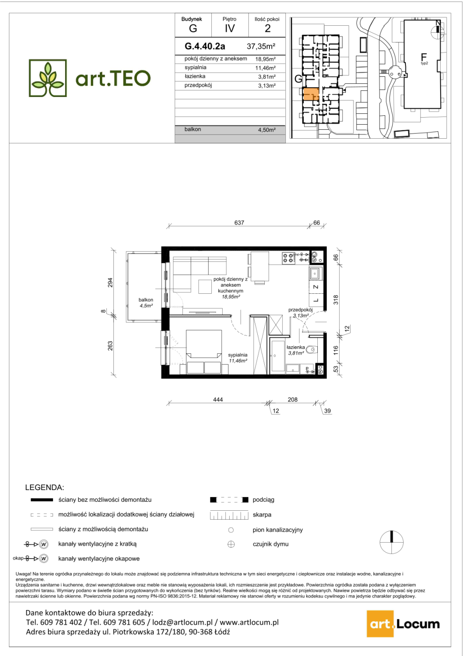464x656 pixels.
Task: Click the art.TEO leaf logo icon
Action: pos(48,78)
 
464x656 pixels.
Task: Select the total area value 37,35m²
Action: pos(261,46)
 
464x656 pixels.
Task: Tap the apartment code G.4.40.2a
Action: pos(205,46)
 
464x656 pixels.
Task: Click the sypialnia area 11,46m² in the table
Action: pos(265,68)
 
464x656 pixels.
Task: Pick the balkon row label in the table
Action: pos(193,129)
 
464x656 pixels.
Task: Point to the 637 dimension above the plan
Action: pos(239,223)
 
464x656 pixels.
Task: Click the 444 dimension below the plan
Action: pos(218,399)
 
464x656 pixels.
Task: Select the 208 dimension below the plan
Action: pos(292,399)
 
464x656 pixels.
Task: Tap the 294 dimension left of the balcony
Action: pos(110,282)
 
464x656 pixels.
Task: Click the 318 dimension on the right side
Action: pos(336,299)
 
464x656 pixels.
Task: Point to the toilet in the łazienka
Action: pos(311,349)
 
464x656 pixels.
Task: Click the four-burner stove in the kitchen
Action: pos(288,258)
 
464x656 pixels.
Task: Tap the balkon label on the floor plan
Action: pos(146,300)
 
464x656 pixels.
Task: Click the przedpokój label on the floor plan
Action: pos(300,310)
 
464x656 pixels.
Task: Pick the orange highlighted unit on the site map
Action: pos(310,94)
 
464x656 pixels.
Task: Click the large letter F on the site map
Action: pos(424,57)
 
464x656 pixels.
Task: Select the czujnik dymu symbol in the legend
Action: pos(231,544)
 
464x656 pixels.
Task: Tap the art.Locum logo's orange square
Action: pos(380,624)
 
